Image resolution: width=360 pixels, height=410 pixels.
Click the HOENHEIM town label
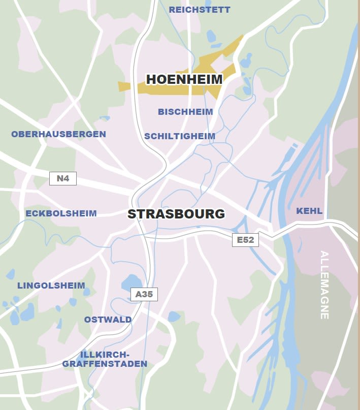tap(184, 79)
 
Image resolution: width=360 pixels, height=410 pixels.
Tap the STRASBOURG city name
tap(176, 214)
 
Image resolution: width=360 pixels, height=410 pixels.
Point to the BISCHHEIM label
tap(185, 112)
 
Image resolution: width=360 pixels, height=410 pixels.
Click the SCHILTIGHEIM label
tap(180, 136)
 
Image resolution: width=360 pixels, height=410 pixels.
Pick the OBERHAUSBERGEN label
tap(59, 134)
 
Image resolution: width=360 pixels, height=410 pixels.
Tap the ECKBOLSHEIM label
tap(61, 213)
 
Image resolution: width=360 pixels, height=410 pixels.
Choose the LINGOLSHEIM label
tap(51, 286)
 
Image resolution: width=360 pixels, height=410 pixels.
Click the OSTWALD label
tap(108, 320)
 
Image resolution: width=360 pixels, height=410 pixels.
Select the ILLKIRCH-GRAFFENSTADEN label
tap(105, 359)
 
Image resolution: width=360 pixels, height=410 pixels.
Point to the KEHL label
tap(309, 211)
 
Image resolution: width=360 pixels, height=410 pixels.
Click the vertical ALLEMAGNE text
tap(324, 285)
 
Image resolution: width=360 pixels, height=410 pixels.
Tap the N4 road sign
tap(63, 178)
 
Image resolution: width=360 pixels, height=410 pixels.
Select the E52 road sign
tap(245, 240)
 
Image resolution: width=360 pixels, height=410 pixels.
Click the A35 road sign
tap(144, 294)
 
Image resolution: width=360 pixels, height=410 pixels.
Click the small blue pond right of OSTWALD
tap(174, 317)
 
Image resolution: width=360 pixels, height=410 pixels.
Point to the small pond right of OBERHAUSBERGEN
tap(105, 118)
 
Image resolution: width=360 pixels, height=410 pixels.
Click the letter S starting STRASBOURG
tap(132, 214)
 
